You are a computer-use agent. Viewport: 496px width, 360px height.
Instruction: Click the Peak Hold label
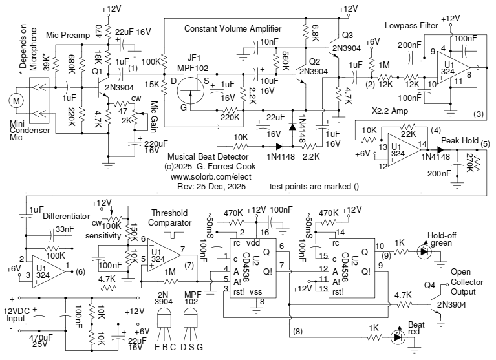(459, 141)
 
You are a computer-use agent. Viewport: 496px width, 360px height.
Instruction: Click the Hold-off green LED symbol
(424, 250)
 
